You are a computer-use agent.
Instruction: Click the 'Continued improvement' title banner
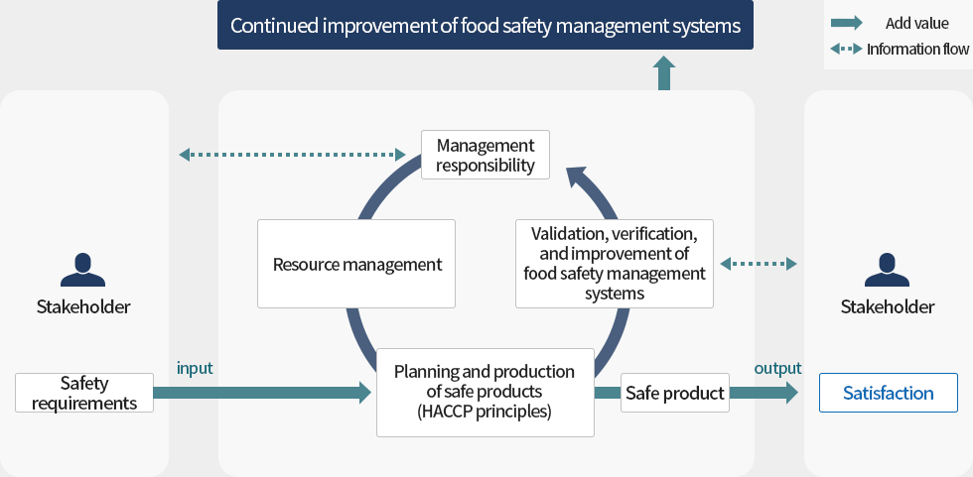pos(486,26)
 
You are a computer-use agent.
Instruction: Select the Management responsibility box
pos(486,155)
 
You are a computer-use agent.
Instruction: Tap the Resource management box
pos(356,264)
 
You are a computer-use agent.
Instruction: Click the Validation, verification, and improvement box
pos(615,264)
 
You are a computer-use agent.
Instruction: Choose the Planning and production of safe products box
pos(485,392)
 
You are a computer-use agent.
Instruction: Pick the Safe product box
pos(675,393)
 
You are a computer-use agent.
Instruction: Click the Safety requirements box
pos(84,393)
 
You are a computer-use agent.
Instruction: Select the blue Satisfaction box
pos(888,393)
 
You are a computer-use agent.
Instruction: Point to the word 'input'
pos(195,368)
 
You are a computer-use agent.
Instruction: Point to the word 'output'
pos(777,368)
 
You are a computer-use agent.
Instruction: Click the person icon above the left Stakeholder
pos(83,268)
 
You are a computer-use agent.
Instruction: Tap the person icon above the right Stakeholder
pos(887,268)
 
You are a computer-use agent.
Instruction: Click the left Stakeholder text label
pos(83,306)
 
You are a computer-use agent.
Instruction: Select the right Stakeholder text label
pos(887,306)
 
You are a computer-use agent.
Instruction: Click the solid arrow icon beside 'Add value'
pos(847,23)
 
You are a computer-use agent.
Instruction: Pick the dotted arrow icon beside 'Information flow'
pos(847,49)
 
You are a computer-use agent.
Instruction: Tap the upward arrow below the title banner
pos(664,72)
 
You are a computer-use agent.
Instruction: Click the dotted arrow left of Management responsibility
pos(293,154)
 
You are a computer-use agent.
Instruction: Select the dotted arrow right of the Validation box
pos(759,264)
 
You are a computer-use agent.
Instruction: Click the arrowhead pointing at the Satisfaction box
pos(788,393)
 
